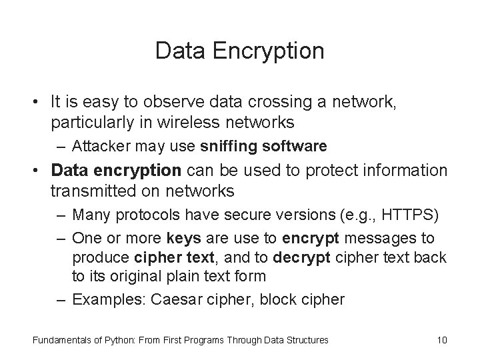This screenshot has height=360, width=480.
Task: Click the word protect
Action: (x=332, y=171)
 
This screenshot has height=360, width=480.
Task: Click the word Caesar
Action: (x=177, y=299)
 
